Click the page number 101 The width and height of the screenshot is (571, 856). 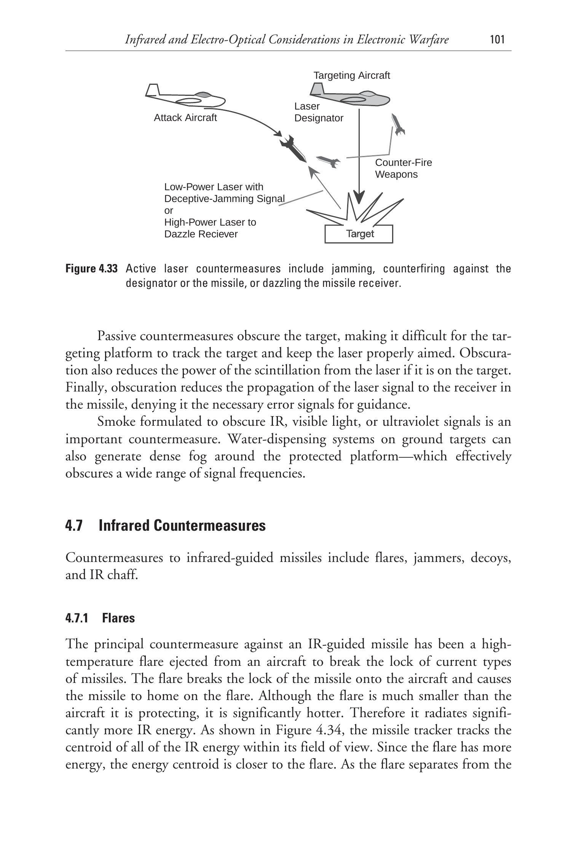click(x=497, y=40)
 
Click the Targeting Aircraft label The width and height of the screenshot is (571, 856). click(x=351, y=76)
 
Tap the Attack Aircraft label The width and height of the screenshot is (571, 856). click(x=185, y=118)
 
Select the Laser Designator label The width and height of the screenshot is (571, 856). click(x=319, y=112)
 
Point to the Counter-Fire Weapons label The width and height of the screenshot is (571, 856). click(x=404, y=169)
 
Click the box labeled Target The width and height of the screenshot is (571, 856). click(x=359, y=234)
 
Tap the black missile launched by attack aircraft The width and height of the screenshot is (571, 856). click(x=293, y=148)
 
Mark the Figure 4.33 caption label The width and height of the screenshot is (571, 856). click(x=91, y=269)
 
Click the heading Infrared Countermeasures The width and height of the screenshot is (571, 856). click(x=182, y=526)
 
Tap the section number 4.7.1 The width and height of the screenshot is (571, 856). click(x=77, y=618)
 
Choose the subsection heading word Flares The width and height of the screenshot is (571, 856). click(x=118, y=618)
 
